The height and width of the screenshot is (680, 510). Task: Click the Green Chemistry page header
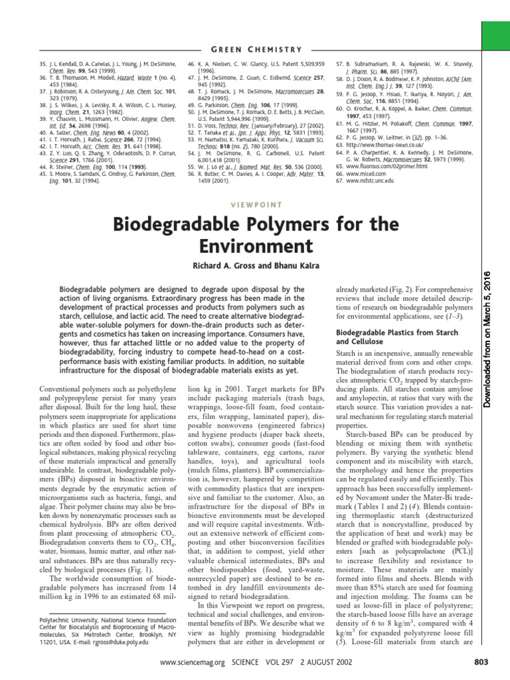click(x=255, y=49)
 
